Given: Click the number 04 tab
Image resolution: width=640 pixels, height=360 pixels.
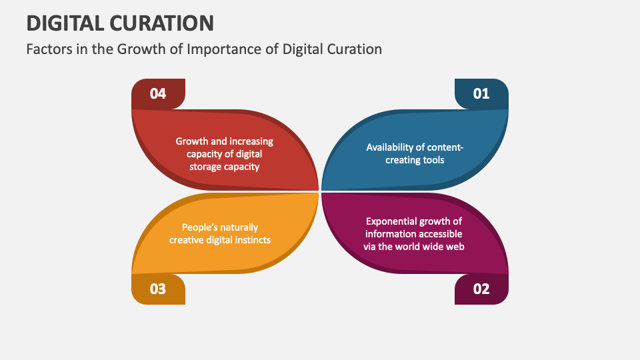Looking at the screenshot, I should (x=158, y=93).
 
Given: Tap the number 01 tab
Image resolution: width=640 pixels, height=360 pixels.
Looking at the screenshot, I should (x=481, y=93).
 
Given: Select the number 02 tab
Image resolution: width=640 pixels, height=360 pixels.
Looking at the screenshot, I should (x=481, y=289).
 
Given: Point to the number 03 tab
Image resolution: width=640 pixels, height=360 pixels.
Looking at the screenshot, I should (x=158, y=289).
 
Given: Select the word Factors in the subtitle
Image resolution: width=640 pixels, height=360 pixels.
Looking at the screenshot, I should (x=47, y=49).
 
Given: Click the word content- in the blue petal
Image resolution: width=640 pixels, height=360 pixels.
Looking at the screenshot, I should (x=445, y=147).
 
